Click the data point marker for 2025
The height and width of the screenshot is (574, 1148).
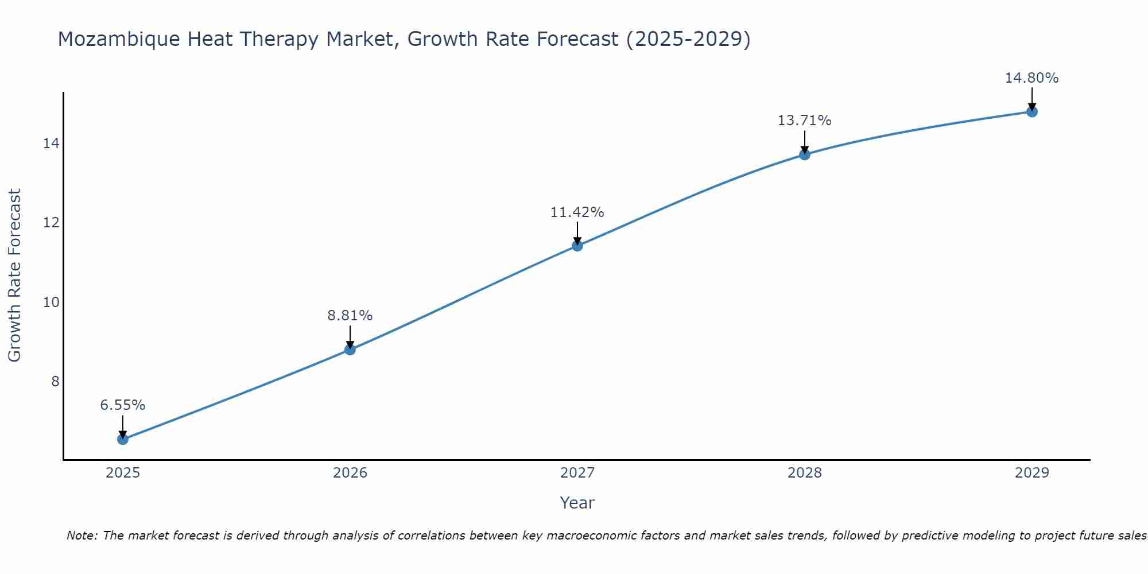[x=123, y=439]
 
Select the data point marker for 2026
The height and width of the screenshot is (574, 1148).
[x=350, y=349]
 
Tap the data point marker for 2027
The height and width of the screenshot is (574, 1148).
[x=577, y=246]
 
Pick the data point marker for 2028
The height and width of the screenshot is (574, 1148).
[x=805, y=154]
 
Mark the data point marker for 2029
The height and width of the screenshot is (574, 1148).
[x=1032, y=111]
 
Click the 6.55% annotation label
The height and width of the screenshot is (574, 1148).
[x=123, y=405]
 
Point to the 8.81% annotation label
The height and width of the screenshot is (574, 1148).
[x=350, y=316]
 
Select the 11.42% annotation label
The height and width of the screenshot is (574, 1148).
[x=577, y=212]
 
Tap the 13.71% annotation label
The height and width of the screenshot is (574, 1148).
[x=805, y=121]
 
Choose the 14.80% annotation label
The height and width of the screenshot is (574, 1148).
[x=1032, y=78]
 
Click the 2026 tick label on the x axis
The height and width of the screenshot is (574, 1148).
[x=350, y=473]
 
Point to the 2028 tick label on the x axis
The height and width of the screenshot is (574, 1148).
[x=805, y=473]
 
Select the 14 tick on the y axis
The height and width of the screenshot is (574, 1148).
[x=51, y=143]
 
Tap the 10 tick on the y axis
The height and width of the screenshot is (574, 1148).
[x=51, y=302]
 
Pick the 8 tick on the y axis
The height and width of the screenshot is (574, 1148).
[x=55, y=381]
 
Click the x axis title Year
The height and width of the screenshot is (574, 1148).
[x=577, y=503]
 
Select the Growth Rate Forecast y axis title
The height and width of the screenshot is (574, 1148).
[x=15, y=276]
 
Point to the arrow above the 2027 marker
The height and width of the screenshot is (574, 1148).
[x=577, y=233]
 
